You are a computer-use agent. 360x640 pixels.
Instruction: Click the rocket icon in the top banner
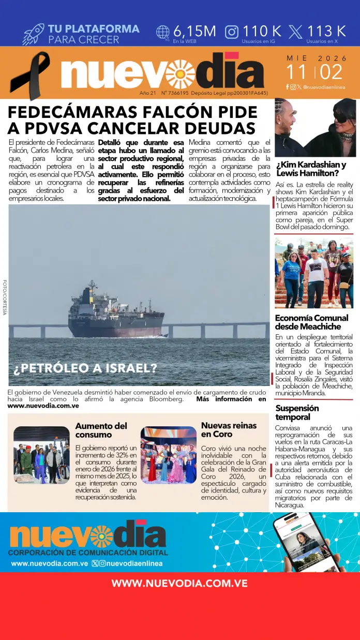33,34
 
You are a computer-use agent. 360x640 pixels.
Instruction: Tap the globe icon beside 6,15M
163,32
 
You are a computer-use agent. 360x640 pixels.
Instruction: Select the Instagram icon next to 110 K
232,32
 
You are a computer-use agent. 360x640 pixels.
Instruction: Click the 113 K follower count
326,32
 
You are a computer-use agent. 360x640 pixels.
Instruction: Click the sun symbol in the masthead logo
181,73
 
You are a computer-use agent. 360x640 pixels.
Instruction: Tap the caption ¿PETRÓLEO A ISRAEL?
86,369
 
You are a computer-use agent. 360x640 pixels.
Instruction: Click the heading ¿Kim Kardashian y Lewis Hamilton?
311,169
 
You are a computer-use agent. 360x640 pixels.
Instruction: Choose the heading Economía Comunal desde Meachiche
311,322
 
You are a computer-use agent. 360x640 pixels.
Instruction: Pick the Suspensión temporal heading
297,412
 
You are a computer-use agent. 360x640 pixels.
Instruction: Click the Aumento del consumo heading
101,430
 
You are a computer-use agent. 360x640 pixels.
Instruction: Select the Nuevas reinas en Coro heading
229,429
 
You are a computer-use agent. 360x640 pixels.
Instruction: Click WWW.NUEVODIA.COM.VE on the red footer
179,583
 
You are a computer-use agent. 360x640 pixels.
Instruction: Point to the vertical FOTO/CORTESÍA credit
5,297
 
